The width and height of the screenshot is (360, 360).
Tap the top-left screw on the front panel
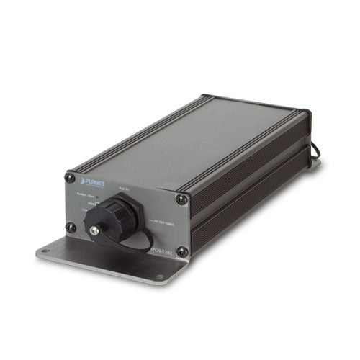70,177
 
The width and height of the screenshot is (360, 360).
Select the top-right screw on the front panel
182,199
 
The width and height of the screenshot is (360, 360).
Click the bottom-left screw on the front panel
71,227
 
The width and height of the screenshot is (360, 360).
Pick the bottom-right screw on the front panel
181,251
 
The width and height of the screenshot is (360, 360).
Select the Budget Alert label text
87,195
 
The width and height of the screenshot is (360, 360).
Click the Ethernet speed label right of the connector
161,221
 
